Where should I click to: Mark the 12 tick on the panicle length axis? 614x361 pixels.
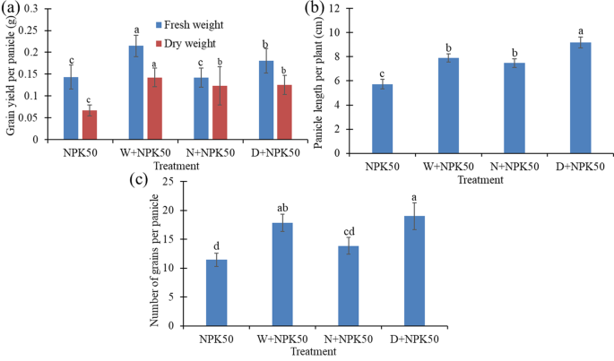(340, 8)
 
